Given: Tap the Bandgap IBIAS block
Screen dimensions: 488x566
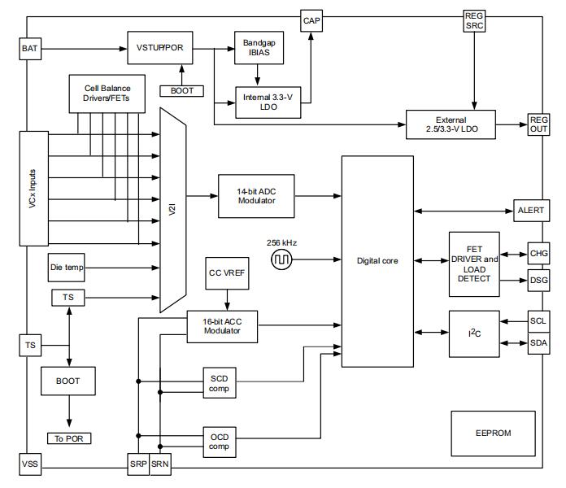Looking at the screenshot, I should tap(257, 48).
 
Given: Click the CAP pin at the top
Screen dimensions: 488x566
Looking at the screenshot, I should tap(311, 20).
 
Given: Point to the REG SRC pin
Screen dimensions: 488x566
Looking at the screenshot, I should tap(474, 20).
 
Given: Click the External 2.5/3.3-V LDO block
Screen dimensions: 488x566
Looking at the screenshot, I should tap(450, 125).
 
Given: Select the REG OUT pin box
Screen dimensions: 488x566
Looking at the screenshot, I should tap(539, 124).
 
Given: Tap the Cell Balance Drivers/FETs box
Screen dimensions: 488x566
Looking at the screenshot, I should tap(107, 94).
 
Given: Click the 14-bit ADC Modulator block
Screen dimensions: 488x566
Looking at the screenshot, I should tap(257, 195).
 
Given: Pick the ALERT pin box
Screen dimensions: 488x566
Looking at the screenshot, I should tap(531, 210).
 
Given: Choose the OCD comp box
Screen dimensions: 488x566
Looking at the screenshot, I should tap(220, 442).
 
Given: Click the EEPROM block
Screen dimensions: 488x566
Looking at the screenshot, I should tap(493, 433).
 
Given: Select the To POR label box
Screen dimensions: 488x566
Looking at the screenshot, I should tap(70, 438).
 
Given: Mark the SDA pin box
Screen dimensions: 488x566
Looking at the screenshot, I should tap(539, 342).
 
